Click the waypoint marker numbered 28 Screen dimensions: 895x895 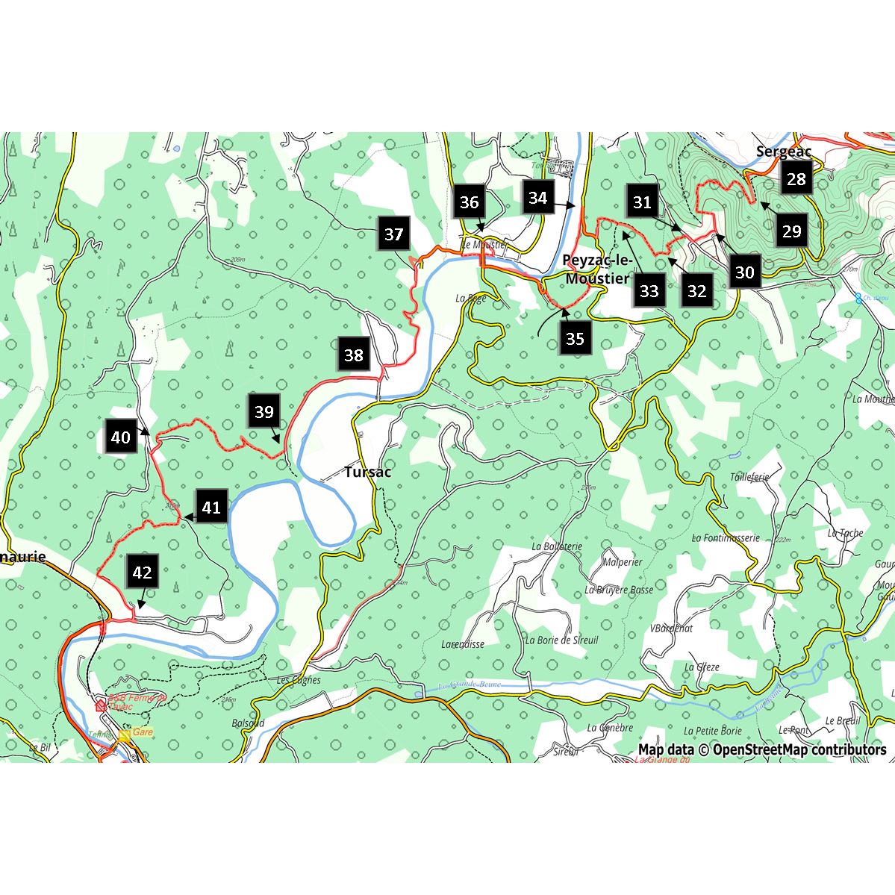[x=796, y=179]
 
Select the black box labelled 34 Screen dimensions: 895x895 [x=537, y=198]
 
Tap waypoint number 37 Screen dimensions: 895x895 [x=393, y=234]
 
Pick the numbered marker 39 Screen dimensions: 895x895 [x=264, y=412]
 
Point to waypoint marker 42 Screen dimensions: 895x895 [x=142, y=573]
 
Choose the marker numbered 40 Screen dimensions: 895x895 [x=120, y=437]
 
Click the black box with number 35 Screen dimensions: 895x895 [x=574, y=339]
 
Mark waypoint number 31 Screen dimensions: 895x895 [x=642, y=202]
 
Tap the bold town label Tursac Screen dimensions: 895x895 [x=367, y=473]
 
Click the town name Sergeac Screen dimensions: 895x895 [x=783, y=152]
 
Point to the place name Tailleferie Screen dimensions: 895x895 [x=749, y=477]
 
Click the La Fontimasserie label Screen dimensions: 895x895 [x=725, y=537]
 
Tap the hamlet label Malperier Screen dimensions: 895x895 [x=623, y=562]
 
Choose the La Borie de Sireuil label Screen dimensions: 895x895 [x=561, y=640]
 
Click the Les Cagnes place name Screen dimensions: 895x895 [x=299, y=680]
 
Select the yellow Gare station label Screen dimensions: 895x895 [x=142, y=732]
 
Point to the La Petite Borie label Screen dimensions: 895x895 [x=712, y=731]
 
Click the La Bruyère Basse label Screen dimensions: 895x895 [x=619, y=590]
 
